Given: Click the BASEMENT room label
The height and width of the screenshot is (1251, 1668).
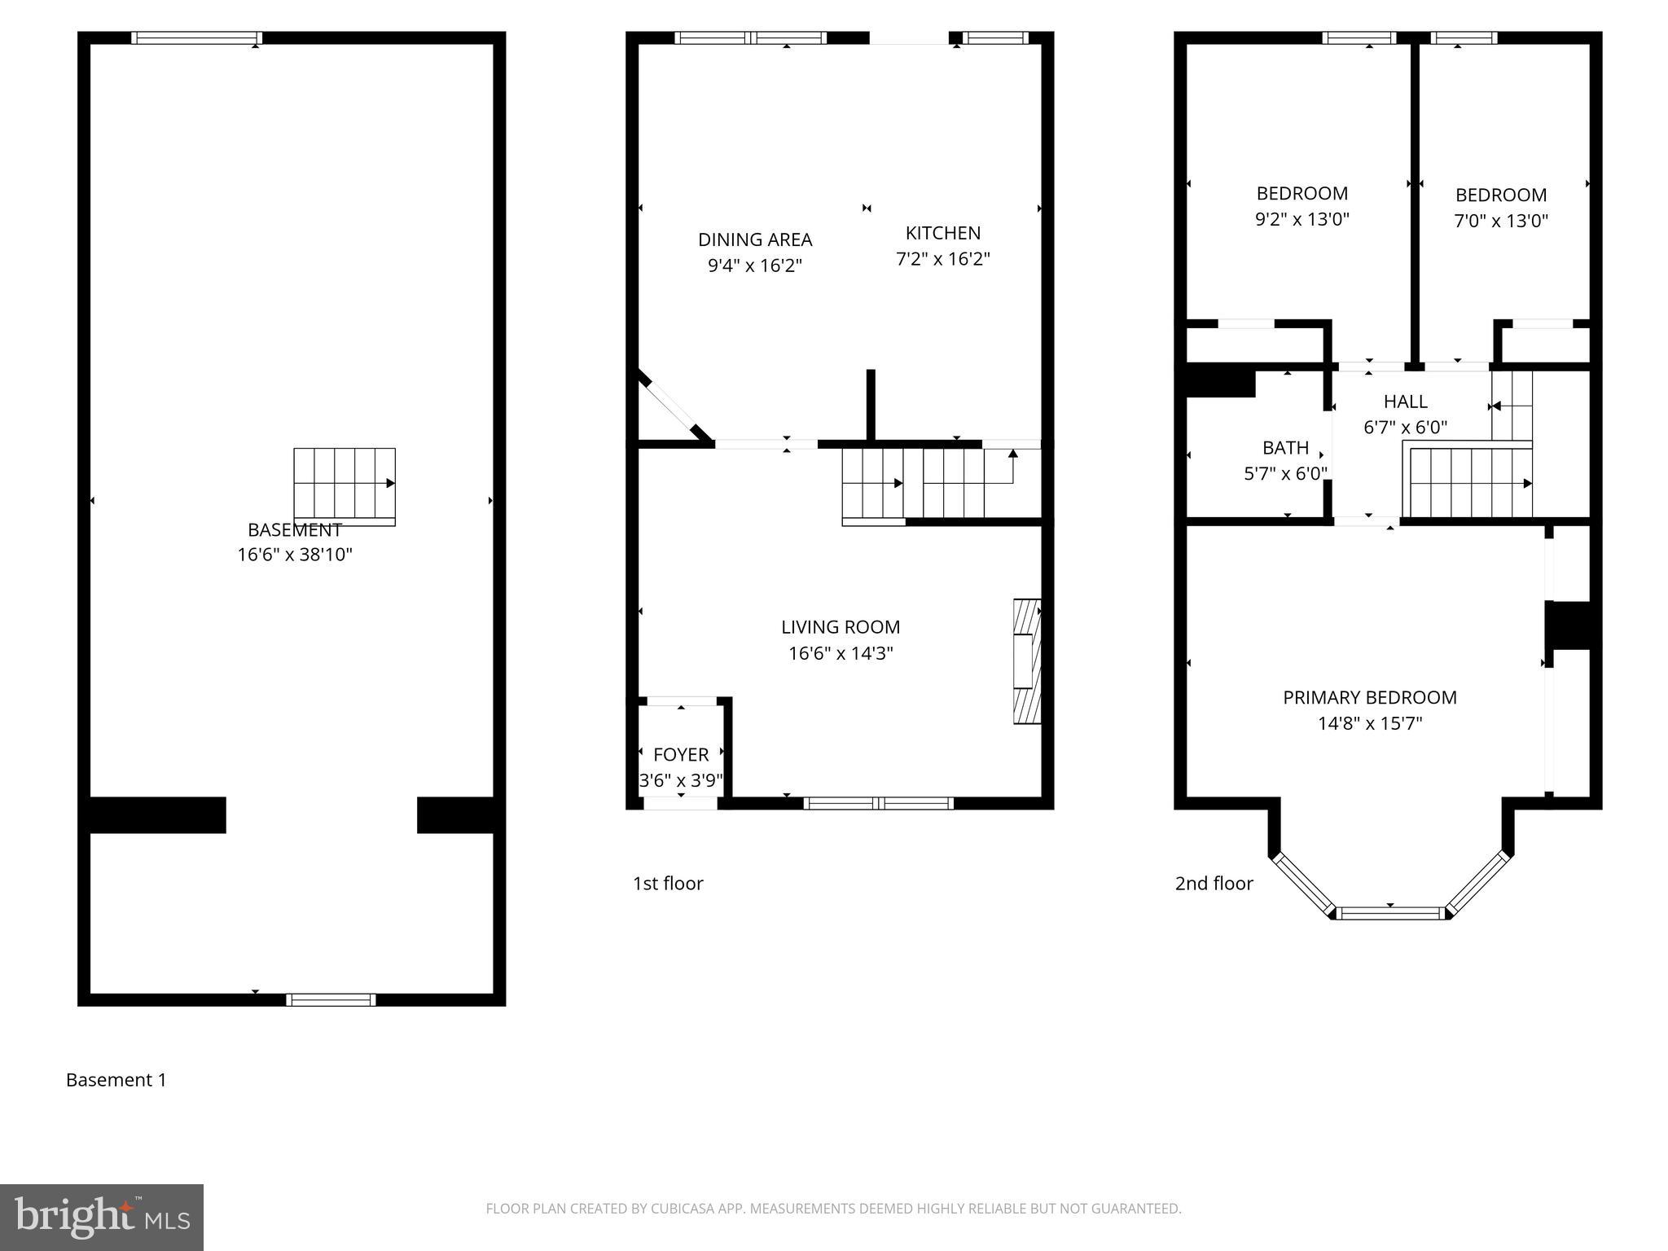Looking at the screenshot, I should coord(294,530).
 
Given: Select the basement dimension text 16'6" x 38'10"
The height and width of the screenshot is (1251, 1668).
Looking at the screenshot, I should coord(295,555).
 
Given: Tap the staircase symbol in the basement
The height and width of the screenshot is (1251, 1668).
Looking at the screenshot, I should coord(345,485).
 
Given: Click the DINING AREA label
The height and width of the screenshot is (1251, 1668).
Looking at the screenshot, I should coord(755,239).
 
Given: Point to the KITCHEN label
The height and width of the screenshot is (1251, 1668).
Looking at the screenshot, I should coord(942,233).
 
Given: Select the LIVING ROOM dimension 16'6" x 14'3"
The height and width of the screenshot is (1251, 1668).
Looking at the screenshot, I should coord(841,653).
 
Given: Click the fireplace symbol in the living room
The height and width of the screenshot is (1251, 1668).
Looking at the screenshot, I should coord(1027,661).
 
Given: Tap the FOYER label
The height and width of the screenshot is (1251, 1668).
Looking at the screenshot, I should coord(681,754).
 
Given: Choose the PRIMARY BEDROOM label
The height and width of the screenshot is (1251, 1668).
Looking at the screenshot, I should coord(1369,697).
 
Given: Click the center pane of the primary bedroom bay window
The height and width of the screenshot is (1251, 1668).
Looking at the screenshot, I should coord(1390,913).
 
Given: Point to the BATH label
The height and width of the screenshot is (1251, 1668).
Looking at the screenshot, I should coord(1285,448).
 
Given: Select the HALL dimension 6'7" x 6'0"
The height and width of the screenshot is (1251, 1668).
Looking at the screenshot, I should coord(1405,428).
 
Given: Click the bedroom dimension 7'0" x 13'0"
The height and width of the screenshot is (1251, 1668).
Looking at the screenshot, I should coord(1500,221).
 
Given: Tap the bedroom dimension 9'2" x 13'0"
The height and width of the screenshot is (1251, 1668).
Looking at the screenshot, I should coord(1301,219).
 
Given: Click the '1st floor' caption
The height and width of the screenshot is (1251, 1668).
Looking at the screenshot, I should coord(668,884).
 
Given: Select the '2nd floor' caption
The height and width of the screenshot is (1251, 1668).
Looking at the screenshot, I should coord(1214,884).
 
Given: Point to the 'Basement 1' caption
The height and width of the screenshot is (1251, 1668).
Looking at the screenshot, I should coord(116,1080).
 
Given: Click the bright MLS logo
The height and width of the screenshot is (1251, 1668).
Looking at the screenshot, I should coord(102,1217).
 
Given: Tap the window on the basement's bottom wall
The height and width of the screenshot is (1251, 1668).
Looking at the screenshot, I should coord(331,999).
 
